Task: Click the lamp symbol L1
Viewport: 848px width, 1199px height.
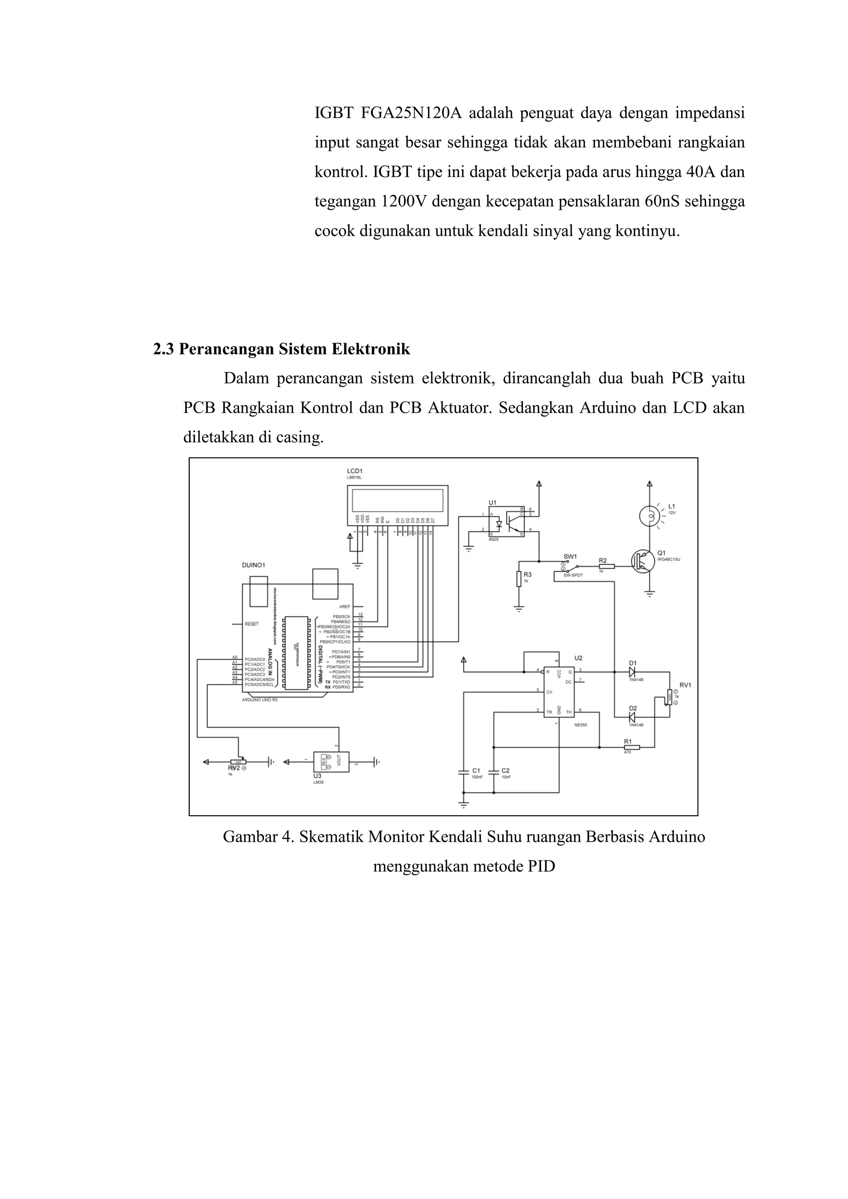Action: click(x=650, y=516)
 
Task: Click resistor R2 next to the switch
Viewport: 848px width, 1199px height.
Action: click(x=606, y=566)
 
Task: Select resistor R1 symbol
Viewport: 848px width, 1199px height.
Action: click(x=631, y=747)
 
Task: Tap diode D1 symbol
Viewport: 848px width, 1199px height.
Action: click(x=632, y=672)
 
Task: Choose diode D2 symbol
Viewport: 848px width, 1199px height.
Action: click(x=632, y=717)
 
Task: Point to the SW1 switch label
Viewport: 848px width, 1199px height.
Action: click(x=570, y=556)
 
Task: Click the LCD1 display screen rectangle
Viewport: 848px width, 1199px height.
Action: click(x=398, y=500)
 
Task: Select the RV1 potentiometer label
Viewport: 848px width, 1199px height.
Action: click(x=685, y=685)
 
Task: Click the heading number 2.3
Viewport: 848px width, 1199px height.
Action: click(x=164, y=349)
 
